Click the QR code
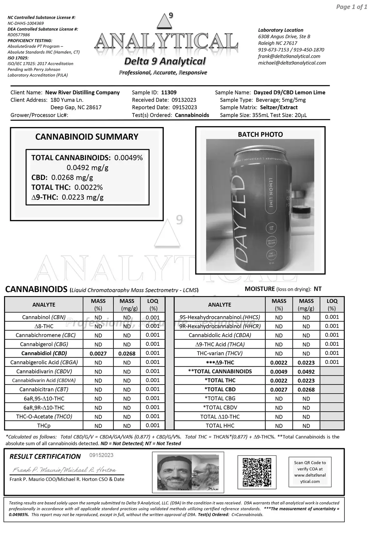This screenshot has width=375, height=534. point(257,472)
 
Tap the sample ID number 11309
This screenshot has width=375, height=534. point(169,92)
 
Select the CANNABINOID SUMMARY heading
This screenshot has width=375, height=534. point(87,137)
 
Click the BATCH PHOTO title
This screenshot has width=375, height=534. point(260,135)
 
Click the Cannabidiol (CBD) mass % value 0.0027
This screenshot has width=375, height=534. point(98,354)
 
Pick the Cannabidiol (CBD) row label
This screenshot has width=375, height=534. point(44,353)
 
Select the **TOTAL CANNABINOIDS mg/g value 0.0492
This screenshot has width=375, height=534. point(306,372)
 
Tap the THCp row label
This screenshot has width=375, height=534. point(44,426)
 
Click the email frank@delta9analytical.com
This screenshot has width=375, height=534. point(289,56)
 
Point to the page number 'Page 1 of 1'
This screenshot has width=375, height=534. point(351,7)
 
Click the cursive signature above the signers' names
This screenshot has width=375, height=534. point(64,470)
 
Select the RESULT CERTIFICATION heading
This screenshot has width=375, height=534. point(45,457)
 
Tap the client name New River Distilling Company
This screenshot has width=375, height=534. point(82,92)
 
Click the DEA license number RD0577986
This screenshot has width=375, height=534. point(19,35)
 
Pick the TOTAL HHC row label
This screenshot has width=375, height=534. point(220,426)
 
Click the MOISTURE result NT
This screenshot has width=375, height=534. point(317,289)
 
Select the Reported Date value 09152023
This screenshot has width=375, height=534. point(185,107)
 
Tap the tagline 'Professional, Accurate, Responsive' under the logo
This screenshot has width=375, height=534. point(163,73)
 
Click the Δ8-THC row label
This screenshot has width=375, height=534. point(44,326)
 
